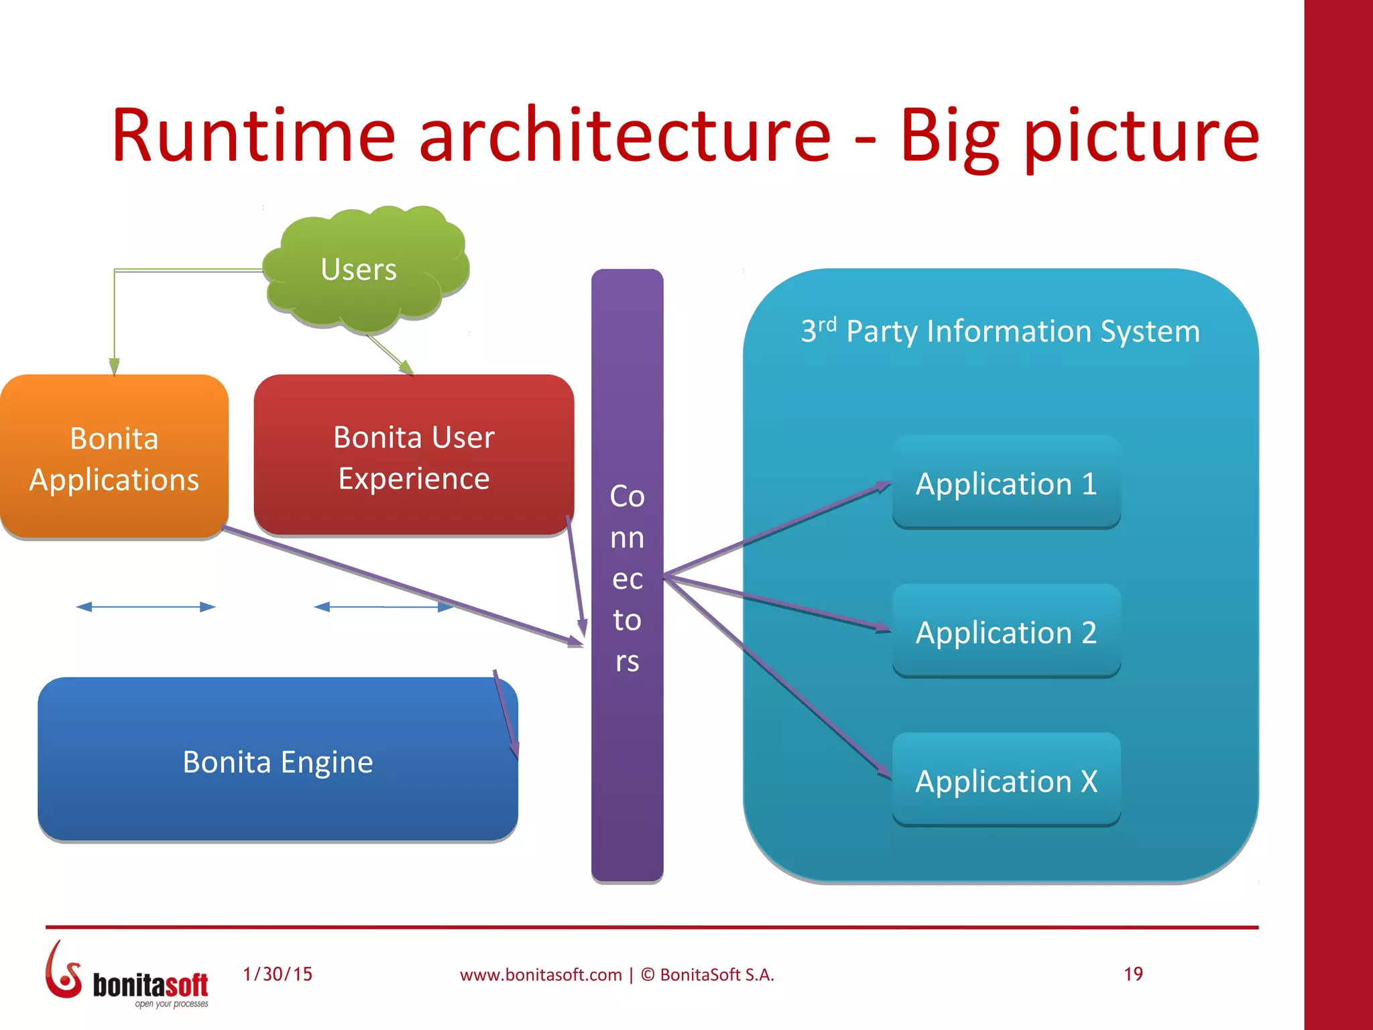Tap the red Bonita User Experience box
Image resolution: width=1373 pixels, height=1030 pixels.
point(414,456)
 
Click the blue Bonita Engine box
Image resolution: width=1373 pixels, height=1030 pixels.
point(277,761)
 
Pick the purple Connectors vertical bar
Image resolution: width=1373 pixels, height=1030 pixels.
point(627,577)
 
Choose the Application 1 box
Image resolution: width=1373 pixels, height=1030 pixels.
point(1006,483)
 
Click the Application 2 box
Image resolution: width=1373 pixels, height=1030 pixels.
point(1006,632)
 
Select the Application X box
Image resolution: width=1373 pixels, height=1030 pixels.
point(1006,781)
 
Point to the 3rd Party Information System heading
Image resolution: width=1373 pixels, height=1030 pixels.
point(1000,331)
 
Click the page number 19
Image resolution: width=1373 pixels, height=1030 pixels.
point(1133,974)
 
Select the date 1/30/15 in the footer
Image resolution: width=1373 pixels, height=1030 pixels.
point(278,974)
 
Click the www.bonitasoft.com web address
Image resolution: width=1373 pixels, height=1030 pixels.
point(540,974)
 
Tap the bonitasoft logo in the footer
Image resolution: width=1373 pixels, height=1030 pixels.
point(127,976)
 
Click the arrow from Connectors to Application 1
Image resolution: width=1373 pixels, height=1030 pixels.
point(778,530)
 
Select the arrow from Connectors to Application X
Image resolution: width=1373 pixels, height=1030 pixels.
point(778,677)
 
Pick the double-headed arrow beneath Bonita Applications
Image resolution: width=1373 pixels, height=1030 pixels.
point(145,607)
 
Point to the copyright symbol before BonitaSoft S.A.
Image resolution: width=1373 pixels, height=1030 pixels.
point(648,974)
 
